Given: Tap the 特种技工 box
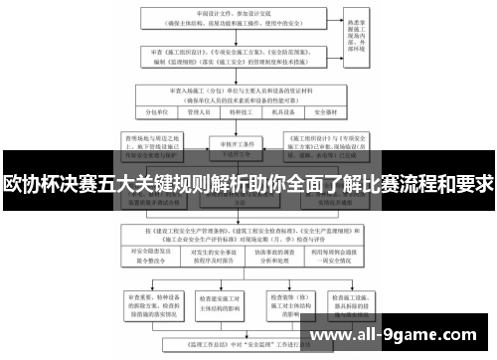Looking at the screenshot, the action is click(248, 113).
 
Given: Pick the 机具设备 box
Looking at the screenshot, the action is click(295, 113).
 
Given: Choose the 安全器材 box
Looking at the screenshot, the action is click(344, 113).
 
